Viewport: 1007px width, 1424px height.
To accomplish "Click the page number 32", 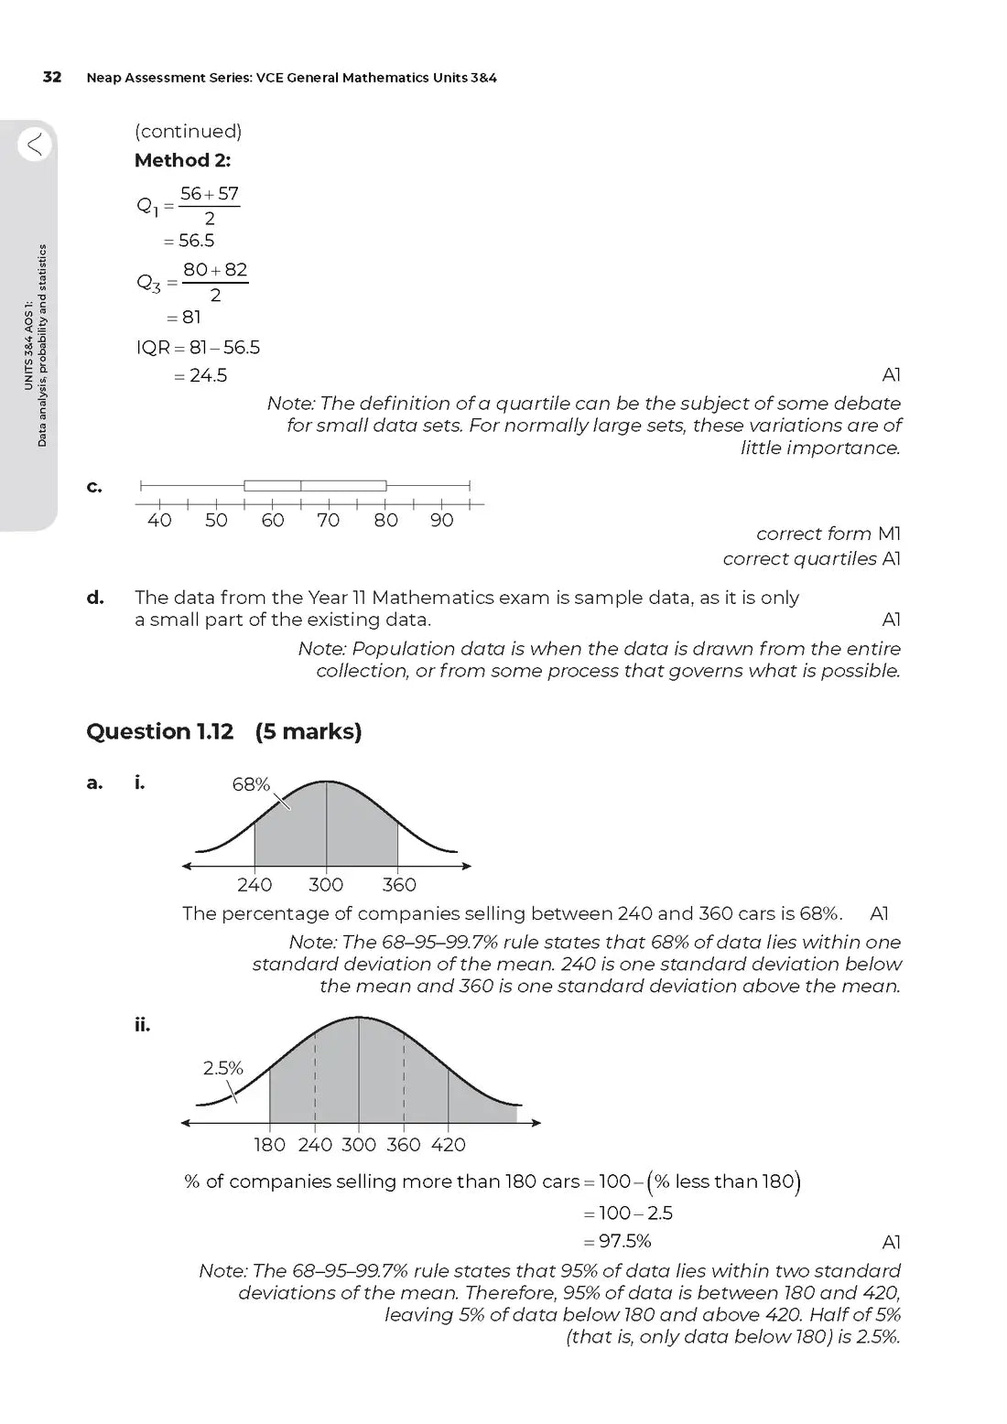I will tap(52, 77).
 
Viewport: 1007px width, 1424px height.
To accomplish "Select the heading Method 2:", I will tap(182, 160).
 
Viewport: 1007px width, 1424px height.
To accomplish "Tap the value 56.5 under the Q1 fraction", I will tap(196, 241).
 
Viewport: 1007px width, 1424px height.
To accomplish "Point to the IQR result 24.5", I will tap(208, 375).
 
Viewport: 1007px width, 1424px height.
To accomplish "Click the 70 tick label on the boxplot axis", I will tap(328, 521).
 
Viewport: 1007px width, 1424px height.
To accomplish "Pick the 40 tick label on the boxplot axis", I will tap(159, 521).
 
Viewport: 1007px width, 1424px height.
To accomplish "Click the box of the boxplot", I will tap(315, 485).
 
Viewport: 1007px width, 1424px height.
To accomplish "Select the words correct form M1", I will tap(828, 534).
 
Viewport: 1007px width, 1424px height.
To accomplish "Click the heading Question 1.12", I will tap(159, 731).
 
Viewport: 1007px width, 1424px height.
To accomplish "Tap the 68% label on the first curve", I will tap(251, 784).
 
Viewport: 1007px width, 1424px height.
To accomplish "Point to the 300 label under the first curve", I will tap(326, 885).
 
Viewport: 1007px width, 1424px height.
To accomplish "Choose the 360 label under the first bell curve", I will tap(399, 885).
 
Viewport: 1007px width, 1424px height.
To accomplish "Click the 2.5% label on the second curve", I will tap(222, 1068).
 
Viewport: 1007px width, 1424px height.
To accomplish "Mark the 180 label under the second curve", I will tap(269, 1145).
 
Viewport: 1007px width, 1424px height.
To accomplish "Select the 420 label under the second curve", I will tap(449, 1145).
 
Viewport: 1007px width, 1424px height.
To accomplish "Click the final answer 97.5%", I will tap(624, 1242).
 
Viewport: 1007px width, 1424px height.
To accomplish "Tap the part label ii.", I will tap(142, 1025).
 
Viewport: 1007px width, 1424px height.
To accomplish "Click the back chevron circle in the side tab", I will tap(34, 144).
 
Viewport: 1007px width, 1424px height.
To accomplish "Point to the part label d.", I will tap(95, 598).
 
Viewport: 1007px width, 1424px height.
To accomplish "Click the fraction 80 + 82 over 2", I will tap(215, 281).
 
